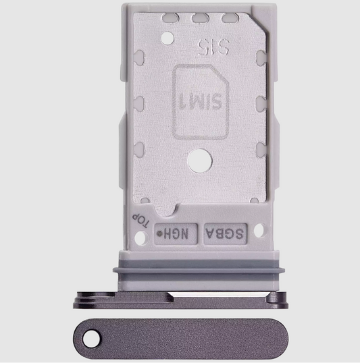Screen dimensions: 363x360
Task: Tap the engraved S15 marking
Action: [207, 47]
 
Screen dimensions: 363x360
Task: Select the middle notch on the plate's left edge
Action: [139, 104]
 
